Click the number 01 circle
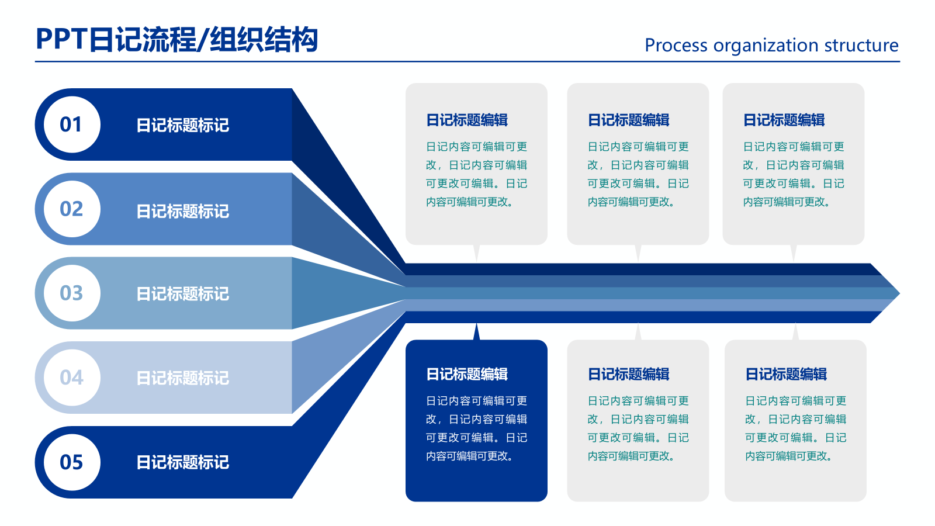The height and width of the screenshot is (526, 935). [71, 124]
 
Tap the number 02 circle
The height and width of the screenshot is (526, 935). [71, 209]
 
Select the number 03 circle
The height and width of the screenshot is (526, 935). [71, 293]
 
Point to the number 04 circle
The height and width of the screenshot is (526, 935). [71, 377]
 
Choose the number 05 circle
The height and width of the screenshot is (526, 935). [71, 462]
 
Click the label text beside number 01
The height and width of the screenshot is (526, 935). [182, 125]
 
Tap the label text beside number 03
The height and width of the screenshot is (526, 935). [182, 293]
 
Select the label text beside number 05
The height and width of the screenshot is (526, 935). [182, 462]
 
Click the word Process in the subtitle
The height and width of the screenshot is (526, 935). [676, 46]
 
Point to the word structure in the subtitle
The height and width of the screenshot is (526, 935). [861, 46]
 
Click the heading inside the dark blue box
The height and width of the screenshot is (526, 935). [467, 374]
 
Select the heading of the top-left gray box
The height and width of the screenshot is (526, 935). [467, 120]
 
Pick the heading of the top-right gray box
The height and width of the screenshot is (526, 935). [784, 120]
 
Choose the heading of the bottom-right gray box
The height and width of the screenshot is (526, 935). [786, 374]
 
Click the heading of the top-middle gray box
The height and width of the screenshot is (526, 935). [628, 120]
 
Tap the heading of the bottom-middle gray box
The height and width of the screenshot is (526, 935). [628, 374]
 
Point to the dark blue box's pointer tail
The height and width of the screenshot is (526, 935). [477, 332]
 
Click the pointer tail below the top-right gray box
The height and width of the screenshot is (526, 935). [794, 252]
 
